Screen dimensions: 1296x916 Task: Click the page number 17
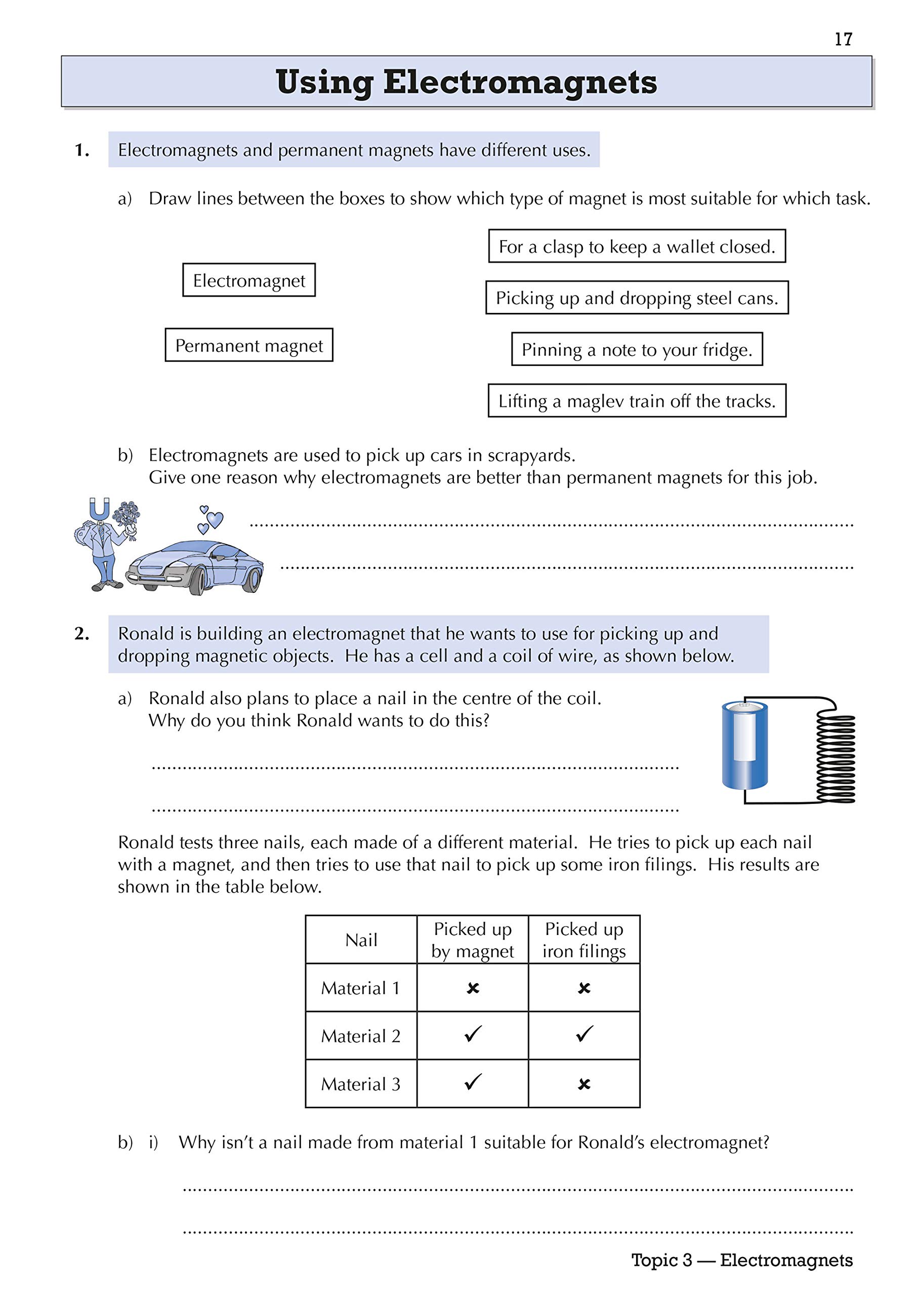click(x=843, y=39)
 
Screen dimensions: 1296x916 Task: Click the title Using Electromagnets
click(x=466, y=82)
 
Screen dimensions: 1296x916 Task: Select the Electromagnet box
click(x=249, y=280)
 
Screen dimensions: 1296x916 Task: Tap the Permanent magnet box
click(x=249, y=345)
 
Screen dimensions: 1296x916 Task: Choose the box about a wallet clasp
click(x=637, y=246)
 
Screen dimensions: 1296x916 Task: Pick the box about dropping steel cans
click(x=637, y=298)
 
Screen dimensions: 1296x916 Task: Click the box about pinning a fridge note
click(x=637, y=349)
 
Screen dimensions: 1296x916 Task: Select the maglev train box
click(x=637, y=401)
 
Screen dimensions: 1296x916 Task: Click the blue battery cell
click(x=744, y=744)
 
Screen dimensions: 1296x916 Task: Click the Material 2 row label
click(x=361, y=1036)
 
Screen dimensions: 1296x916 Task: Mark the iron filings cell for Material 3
click(x=584, y=1084)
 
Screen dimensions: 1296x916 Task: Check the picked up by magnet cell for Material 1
click(x=473, y=988)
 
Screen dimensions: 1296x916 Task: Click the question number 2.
click(x=82, y=634)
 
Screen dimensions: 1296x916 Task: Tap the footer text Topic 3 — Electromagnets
click(x=741, y=1260)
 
